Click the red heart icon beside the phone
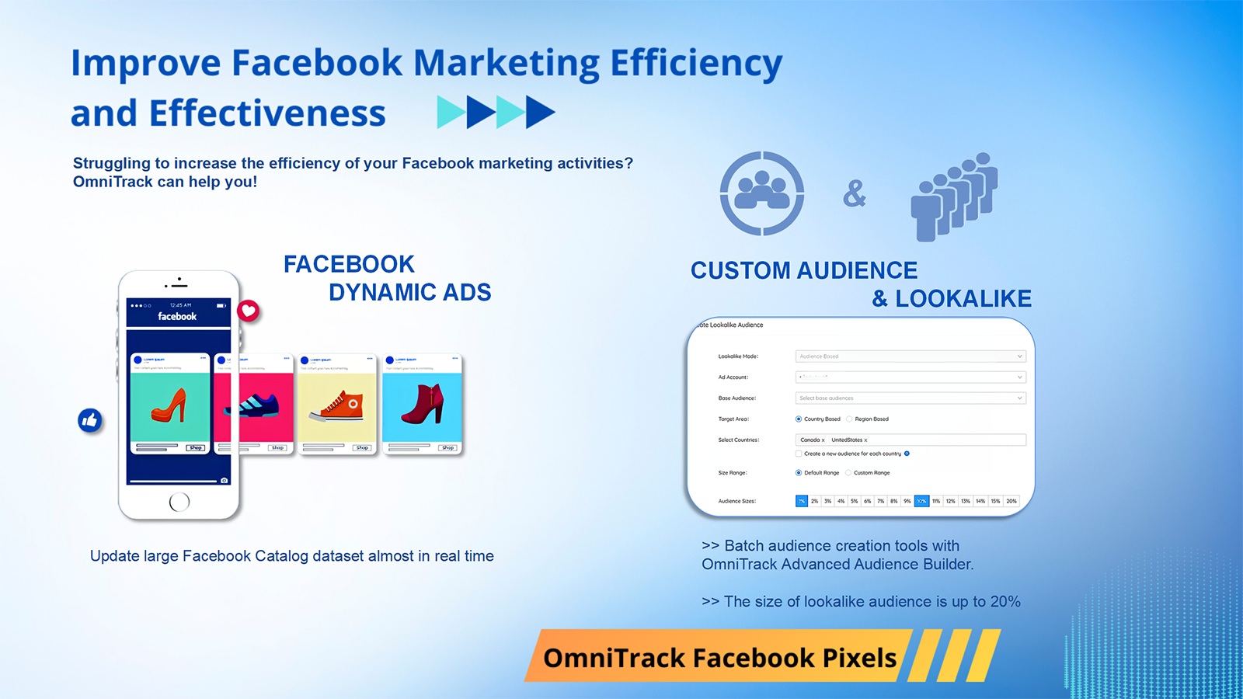click(x=249, y=311)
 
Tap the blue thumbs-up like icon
click(x=90, y=420)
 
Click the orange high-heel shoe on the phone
click(x=170, y=406)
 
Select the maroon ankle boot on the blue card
click(x=423, y=404)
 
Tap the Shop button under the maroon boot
click(x=447, y=447)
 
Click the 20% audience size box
click(x=1011, y=501)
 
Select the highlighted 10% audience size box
click(x=921, y=501)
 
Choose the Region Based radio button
click(x=849, y=419)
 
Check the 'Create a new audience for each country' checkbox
click(x=799, y=454)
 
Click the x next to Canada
click(x=823, y=440)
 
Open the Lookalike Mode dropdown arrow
click(x=1019, y=356)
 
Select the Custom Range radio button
click(x=848, y=472)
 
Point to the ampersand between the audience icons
click(x=855, y=193)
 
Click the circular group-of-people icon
click(x=761, y=193)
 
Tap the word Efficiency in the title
click(x=696, y=64)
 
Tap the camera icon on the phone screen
click(x=224, y=481)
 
